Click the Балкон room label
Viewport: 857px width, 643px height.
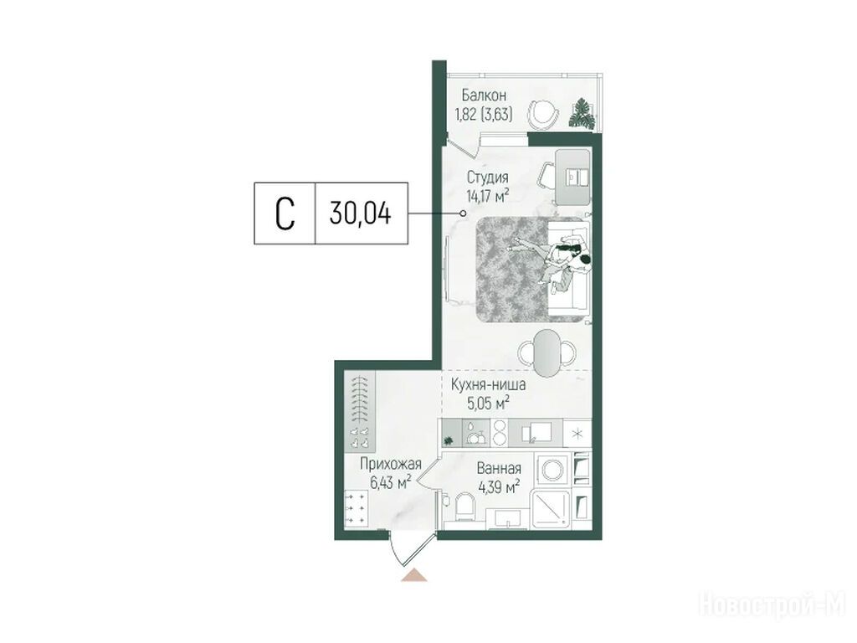point(484,95)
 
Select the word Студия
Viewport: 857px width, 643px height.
point(488,177)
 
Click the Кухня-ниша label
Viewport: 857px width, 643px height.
point(488,384)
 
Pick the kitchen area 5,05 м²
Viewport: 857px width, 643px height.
point(488,404)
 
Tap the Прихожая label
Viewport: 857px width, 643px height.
point(390,464)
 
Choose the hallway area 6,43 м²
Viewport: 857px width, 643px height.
point(390,483)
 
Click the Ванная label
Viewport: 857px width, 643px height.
point(499,468)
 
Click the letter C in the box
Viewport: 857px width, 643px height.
point(285,213)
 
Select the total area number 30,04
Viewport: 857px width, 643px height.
point(360,213)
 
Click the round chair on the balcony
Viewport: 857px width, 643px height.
point(544,114)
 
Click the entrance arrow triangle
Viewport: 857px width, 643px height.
point(413,575)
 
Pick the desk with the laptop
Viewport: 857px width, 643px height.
point(572,177)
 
